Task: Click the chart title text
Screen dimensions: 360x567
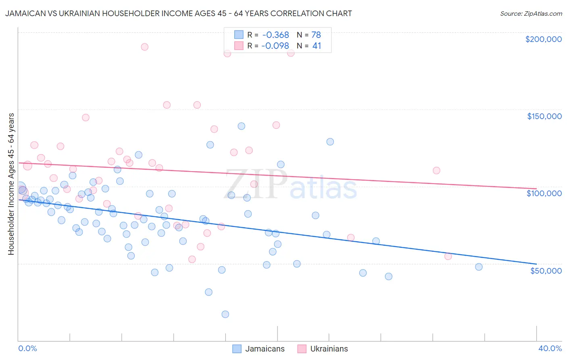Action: pyautogui.click(x=178, y=13)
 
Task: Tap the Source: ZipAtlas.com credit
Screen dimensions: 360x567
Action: pyautogui.click(x=531, y=13)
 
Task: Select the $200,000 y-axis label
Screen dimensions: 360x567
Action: pyautogui.click(x=543, y=39)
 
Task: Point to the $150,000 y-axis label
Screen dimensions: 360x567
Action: pyautogui.click(x=544, y=116)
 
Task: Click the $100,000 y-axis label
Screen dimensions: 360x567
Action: pyautogui.click(x=544, y=193)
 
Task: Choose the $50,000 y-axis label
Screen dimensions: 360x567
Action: pyautogui.click(x=546, y=270)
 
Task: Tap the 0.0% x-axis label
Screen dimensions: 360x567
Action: pyautogui.click(x=27, y=348)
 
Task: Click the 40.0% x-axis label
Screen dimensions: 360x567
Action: pyautogui.click(x=550, y=348)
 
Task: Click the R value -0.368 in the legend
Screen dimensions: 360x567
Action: pyautogui.click(x=275, y=35)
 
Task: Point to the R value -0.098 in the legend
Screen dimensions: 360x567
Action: pyautogui.click(x=275, y=46)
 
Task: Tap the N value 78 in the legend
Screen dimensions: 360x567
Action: pyautogui.click(x=316, y=35)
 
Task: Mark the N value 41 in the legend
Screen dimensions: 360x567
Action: pyautogui.click(x=317, y=46)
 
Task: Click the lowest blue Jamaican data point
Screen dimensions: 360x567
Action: pyautogui.click(x=225, y=314)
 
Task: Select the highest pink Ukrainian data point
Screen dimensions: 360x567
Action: pyautogui.click(x=144, y=47)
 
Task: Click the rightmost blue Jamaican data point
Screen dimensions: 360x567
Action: pyautogui.click(x=479, y=267)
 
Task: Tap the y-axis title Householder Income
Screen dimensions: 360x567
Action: pyautogui.click(x=11, y=184)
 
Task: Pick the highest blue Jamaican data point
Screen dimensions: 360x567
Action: pyautogui.click(x=241, y=126)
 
